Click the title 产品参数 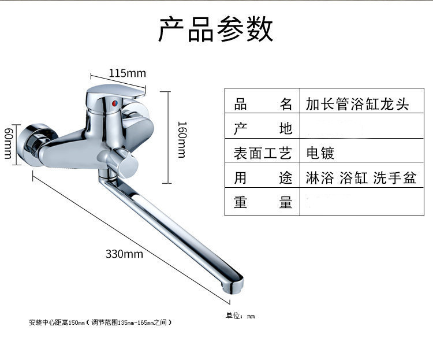(x=216, y=29)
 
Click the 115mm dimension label (x=128, y=73)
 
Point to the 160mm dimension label (x=182, y=140)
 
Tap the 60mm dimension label (x=8, y=143)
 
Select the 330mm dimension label (x=124, y=254)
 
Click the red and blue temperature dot (x=114, y=103)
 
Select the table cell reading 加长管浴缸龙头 (x=357, y=104)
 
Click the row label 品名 (x=263, y=104)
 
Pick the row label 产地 (x=263, y=128)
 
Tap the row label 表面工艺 (x=263, y=153)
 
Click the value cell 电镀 (x=320, y=153)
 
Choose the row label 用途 (x=263, y=177)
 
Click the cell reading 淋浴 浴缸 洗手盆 (x=361, y=177)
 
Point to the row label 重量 (x=263, y=202)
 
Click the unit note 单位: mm (x=240, y=316)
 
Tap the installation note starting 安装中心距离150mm (x=100, y=322)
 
